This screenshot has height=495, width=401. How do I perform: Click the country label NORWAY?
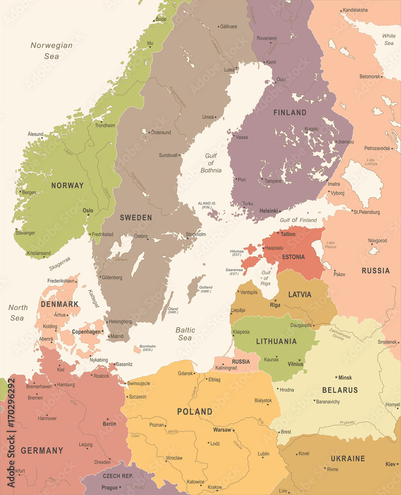click(67, 186)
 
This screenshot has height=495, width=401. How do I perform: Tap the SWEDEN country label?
click(136, 217)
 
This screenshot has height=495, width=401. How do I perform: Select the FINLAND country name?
click(290, 112)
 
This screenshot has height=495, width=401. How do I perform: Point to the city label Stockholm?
click(196, 234)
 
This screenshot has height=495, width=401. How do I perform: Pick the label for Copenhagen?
click(87, 331)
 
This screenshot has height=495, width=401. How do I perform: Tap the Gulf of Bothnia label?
click(211, 163)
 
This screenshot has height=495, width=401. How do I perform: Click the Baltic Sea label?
click(185, 334)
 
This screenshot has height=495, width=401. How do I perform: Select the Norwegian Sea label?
click(51, 50)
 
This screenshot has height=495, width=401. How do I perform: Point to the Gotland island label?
click(205, 289)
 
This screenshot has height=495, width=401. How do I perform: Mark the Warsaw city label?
click(222, 430)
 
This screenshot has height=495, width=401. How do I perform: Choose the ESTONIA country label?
click(294, 257)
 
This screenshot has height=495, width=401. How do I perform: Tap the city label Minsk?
click(345, 378)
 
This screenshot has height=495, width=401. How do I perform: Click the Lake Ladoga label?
click(370, 162)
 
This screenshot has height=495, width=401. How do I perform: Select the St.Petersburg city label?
click(367, 212)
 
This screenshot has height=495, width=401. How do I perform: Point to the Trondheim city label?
click(105, 126)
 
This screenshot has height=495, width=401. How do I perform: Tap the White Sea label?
click(389, 40)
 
